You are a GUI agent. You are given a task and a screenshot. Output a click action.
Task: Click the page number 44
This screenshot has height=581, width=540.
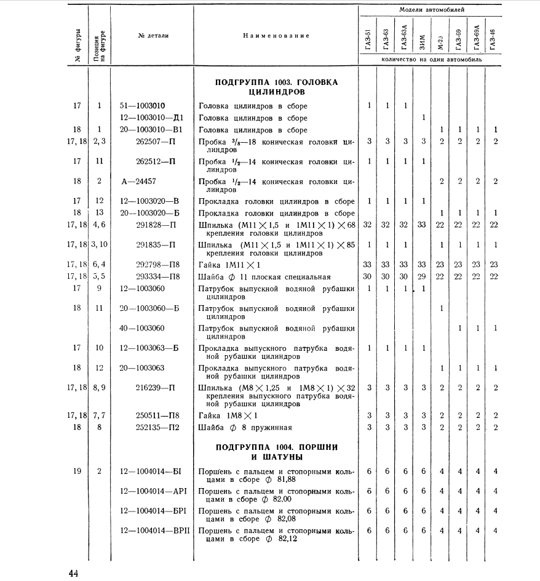[73, 574]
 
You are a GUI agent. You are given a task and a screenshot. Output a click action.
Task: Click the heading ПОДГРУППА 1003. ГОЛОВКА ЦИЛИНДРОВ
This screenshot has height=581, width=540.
[277, 87]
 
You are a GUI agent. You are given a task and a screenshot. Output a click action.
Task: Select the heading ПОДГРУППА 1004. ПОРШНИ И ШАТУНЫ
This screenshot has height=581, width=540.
[277, 451]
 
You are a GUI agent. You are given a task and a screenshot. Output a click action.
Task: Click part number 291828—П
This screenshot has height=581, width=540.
[156, 225]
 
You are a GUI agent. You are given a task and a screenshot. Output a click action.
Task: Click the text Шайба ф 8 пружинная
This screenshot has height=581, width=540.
[245, 428]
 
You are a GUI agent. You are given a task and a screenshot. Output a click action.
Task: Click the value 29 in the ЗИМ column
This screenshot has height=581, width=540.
[421, 276]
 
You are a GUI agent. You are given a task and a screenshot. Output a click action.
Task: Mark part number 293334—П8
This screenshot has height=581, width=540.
[157, 276]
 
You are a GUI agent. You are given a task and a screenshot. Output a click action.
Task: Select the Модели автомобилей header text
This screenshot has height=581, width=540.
[432, 10]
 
